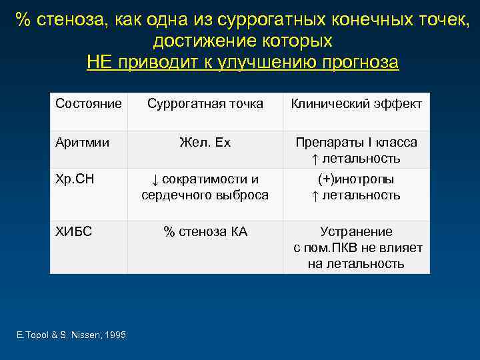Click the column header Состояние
click(x=88, y=104)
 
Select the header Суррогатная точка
click(x=205, y=104)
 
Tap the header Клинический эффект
click(x=356, y=104)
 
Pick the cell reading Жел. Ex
click(x=205, y=143)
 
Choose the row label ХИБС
click(x=73, y=232)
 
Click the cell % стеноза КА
click(x=205, y=232)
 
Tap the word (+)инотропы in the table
click(x=356, y=180)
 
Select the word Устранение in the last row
click(x=356, y=232)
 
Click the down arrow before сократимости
click(x=153, y=181)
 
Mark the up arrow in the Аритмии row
click(x=315, y=159)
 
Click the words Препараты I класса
click(x=356, y=143)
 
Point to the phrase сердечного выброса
click(x=205, y=195)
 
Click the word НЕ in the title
click(x=100, y=63)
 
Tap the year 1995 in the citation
click(x=114, y=335)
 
